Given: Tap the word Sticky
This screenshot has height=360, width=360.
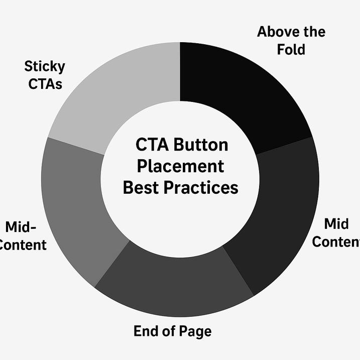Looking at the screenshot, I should pyautogui.click(x=44, y=66).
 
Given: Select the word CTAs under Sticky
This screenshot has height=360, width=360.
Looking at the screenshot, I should pyautogui.click(x=45, y=83).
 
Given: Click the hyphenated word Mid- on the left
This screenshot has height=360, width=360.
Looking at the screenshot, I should pyautogui.click(x=21, y=227).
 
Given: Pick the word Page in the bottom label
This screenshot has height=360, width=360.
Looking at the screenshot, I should pyautogui.click(x=195, y=331).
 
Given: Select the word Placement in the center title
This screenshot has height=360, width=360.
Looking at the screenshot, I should pyautogui.click(x=180, y=166).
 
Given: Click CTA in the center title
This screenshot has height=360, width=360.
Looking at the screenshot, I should pyautogui.click(x=152, y=145).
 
